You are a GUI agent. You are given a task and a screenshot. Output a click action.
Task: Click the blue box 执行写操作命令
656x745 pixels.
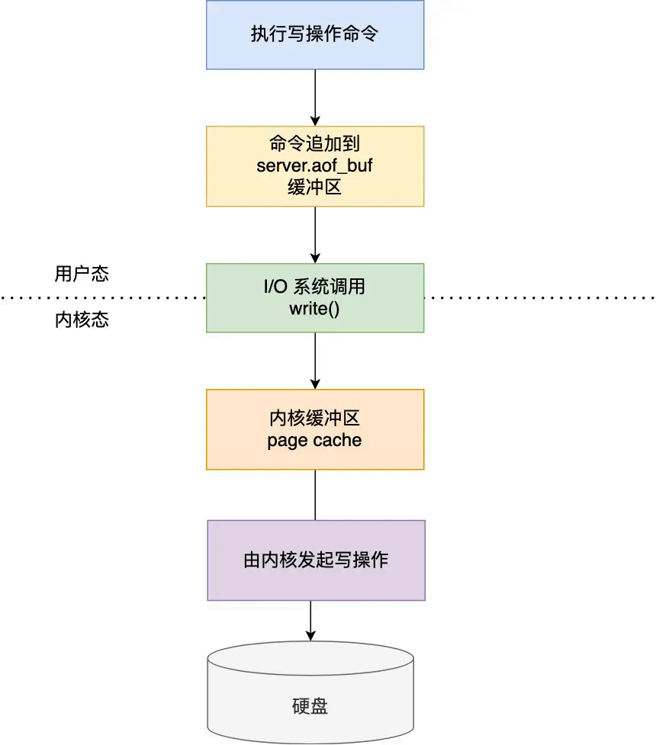pos(315,35)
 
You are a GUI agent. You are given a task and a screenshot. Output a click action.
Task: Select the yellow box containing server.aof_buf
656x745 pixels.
pos(315,166)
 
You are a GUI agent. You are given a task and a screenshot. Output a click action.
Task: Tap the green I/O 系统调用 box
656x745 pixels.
pos(315,297)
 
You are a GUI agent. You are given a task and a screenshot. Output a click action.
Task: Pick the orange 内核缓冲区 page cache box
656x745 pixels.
pos(315,429)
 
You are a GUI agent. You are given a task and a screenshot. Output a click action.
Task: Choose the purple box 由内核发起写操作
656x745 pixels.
pos(316,560)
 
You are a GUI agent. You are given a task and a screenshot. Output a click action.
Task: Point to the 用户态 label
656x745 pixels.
pos(82,274)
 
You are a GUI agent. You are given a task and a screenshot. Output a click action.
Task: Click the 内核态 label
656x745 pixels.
pos(82,320)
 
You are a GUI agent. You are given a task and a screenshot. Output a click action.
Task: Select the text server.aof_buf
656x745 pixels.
pos(314,166)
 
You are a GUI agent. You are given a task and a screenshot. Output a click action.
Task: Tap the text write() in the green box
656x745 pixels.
pos(314,309)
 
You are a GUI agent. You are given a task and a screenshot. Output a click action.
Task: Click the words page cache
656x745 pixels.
pos(314,441)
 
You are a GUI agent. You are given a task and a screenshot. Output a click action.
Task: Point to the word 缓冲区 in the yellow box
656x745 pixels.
pos(314,187)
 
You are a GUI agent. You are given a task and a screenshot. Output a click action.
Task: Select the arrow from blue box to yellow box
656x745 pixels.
pos(315,98)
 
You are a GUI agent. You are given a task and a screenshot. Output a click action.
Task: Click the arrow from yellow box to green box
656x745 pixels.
pos(315,235)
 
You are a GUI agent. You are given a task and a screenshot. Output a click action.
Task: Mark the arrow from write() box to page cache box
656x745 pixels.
pos(315,361)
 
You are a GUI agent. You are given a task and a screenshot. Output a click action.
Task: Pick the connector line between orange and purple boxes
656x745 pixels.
pos(315,495)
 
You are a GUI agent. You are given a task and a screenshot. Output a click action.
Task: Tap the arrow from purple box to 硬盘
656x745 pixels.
pos(310,620)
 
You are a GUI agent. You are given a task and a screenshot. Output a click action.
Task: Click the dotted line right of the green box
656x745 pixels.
pos(539,297)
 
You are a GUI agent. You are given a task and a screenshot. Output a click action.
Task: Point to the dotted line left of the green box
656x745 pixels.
pos(103,297)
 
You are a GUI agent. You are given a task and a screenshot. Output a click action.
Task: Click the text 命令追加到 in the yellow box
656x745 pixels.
pos(314,146)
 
